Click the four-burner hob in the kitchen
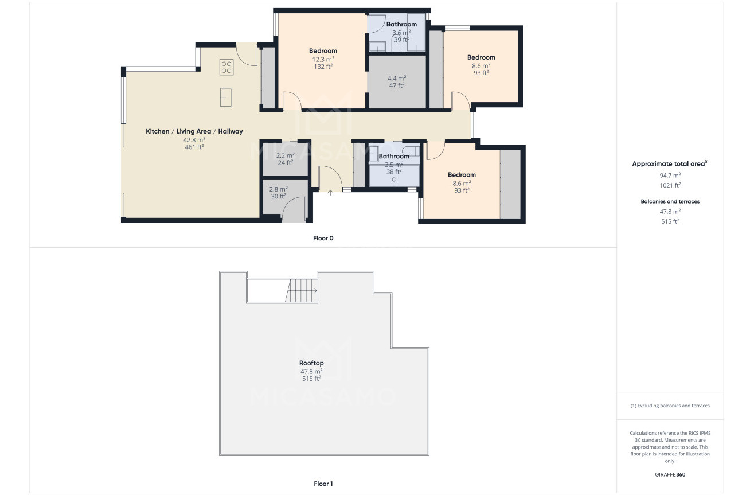226,67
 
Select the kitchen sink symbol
226,98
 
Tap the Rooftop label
311,363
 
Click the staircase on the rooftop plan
302,290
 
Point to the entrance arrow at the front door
330,193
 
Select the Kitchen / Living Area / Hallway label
194,131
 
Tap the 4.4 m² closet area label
397,82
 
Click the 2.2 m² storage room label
285,159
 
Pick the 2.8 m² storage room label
278,193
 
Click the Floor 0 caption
323,239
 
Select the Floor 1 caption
323,484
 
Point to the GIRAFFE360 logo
670,474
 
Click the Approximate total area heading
670,164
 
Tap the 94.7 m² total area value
670,175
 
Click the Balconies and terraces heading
670,201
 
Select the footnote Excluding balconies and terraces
670,406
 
